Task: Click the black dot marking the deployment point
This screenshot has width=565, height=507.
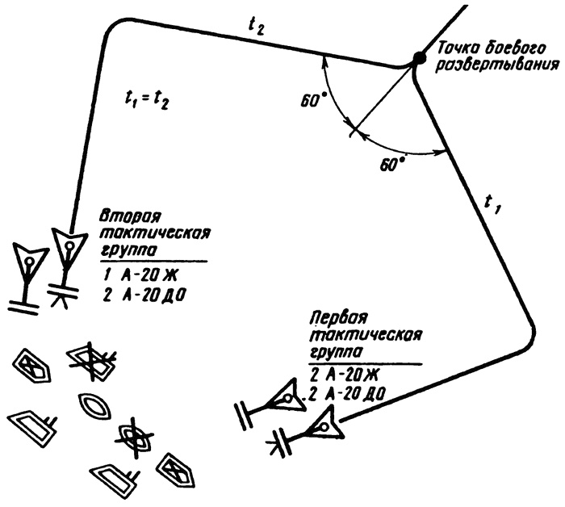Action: [x=418, y=58]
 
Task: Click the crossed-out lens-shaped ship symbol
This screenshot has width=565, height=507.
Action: [x=135, y=436]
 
